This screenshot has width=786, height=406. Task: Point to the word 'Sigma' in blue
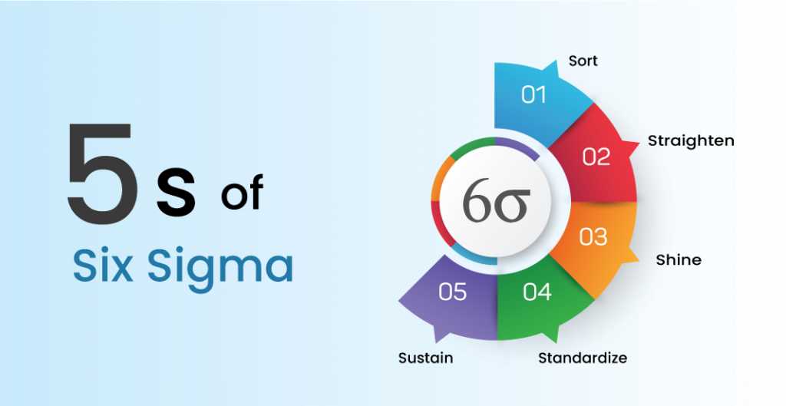tap(220, 268)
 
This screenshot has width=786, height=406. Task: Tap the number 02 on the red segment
tap(596, 157)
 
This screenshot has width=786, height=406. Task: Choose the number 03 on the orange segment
tap(593, 236)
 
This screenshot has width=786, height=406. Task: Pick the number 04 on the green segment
tap(537, 292)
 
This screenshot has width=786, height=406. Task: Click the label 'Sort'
tap(583, 60)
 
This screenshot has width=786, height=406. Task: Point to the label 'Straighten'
tap(691, 140)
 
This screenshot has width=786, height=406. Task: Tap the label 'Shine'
tap(678, 259)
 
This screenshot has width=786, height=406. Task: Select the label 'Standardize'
tap(582, 358)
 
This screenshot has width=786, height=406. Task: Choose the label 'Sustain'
tap(425, 358)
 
